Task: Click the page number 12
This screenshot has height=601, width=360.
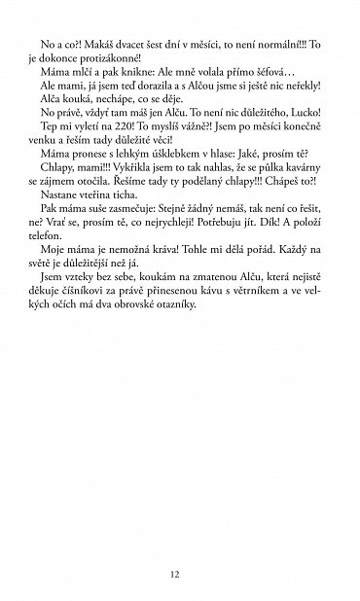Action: [174, 574]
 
